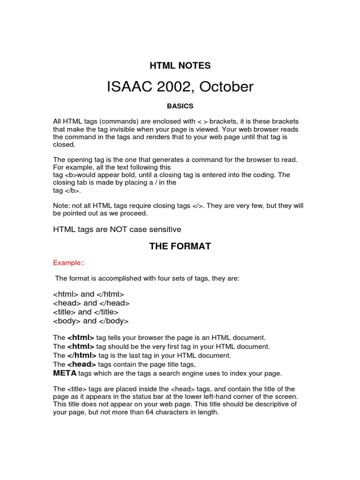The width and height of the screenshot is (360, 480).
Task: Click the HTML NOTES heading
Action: pyautogui.click(x=180, y=66)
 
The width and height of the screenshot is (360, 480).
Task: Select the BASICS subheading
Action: pyautogui.click(x=180, y=106)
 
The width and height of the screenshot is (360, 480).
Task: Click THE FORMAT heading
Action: pyautogui.click(x=180, y=246)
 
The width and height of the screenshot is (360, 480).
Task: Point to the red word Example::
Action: pyautogui.click(x=68, y=262)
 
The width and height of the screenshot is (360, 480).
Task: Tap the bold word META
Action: pyautogui.click(x=65, y=373)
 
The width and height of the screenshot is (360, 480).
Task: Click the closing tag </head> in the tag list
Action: pyautogui.click(x=114, y=303)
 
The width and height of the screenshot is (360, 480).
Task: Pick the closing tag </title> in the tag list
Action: pyautogui.click(x=106, y=312)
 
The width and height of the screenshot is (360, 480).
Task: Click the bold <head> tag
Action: pyautogui.click(x=82, y=364)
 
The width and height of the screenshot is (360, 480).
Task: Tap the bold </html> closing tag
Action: pyautogui.click(x=81, y=355)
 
